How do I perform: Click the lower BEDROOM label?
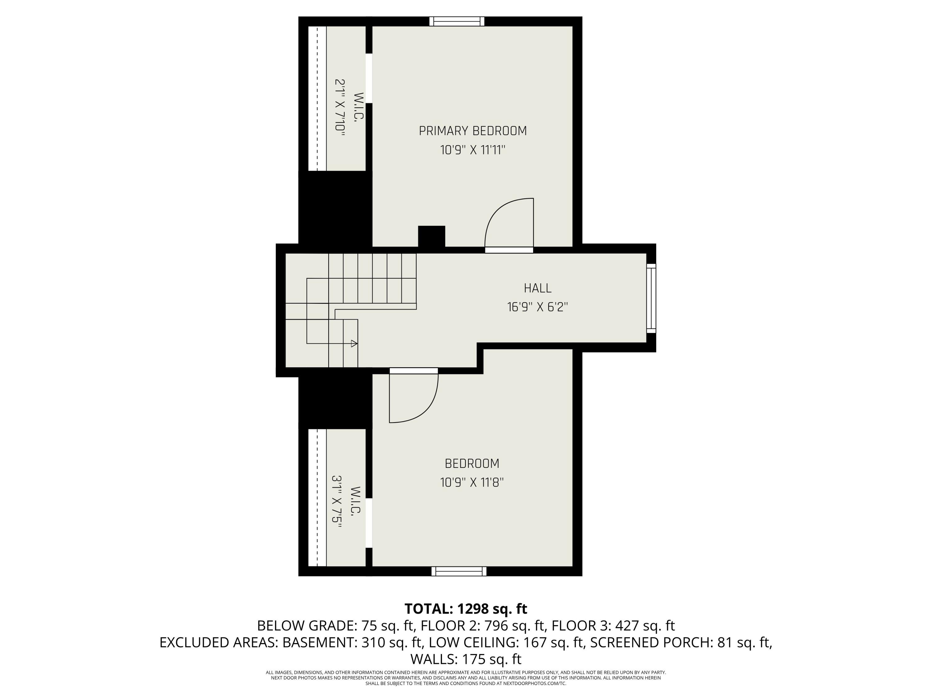(472, 464)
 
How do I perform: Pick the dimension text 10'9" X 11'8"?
(472, 482)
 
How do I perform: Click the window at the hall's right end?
(651, 298)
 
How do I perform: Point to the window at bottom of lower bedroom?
(459, 571)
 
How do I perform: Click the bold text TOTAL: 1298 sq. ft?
(466, 609)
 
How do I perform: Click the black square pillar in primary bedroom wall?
(432, 237)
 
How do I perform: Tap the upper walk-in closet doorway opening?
(369, 78)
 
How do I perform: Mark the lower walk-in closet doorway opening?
(369, 523)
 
